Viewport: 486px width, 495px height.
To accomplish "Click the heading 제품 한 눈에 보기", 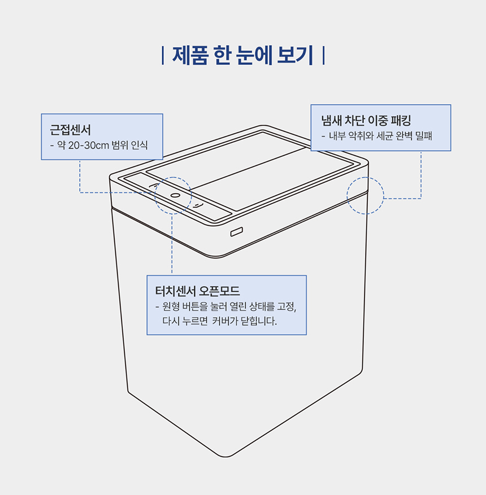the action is click(x=242, y=55).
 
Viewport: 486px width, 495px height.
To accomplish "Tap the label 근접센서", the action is click(x=70, y=130).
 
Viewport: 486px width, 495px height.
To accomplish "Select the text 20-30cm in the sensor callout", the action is click(x=89, y=145).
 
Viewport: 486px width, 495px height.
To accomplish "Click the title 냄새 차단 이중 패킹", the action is click(x=366, y=120).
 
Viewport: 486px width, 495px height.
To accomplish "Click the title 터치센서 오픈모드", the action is click(x=197, y=291).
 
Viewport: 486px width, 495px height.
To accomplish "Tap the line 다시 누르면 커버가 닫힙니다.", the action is click(x=220, y=321).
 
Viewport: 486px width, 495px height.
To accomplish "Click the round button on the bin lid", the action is click(x=175, y=195).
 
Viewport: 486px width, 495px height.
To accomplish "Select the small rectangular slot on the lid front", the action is click(x=237, y=232).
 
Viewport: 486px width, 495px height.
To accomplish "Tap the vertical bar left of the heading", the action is click(x=163, y=55).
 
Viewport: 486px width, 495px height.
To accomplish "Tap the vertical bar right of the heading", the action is click(x=324, y=55).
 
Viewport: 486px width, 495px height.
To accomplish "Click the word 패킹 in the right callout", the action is click(x=401, y=120).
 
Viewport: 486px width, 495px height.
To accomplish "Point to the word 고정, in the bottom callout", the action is click(x=287, y=306).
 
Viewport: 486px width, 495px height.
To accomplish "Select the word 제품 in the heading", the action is click(x=190, y=55).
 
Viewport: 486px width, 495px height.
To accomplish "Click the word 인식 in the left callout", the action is click(x=140, y=145).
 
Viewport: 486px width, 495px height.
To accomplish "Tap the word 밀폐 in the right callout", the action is click(x=424, y=136).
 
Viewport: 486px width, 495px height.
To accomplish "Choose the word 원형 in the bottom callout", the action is click(x=171, y=306).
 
